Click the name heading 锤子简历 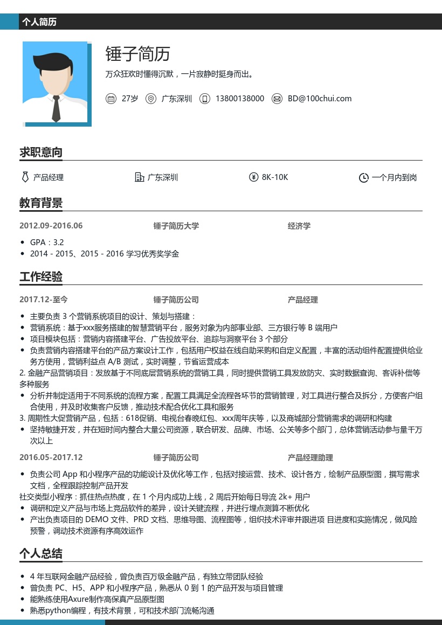tap(138, 54)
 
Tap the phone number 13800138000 tap(239, 99)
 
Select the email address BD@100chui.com tap(319, 99)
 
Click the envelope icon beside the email tap(277, 99)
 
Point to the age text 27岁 tap(130, 99)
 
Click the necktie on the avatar tap(56, 108)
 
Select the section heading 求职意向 tap(41, 152)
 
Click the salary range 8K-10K tap(275, 177)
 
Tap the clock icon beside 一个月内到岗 tap(364, 178)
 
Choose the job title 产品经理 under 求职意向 tap(49, 177)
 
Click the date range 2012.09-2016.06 tap(51, 226)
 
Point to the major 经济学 tap(299, 226)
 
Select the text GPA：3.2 tap(47, 242)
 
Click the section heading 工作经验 tap(41, 277)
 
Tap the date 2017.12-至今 tap(44, 300)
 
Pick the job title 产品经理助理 tap(310, 457)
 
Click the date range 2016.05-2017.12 tap(51, 457)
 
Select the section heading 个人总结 tap(41, 553)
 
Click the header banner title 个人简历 tap(39, 22)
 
